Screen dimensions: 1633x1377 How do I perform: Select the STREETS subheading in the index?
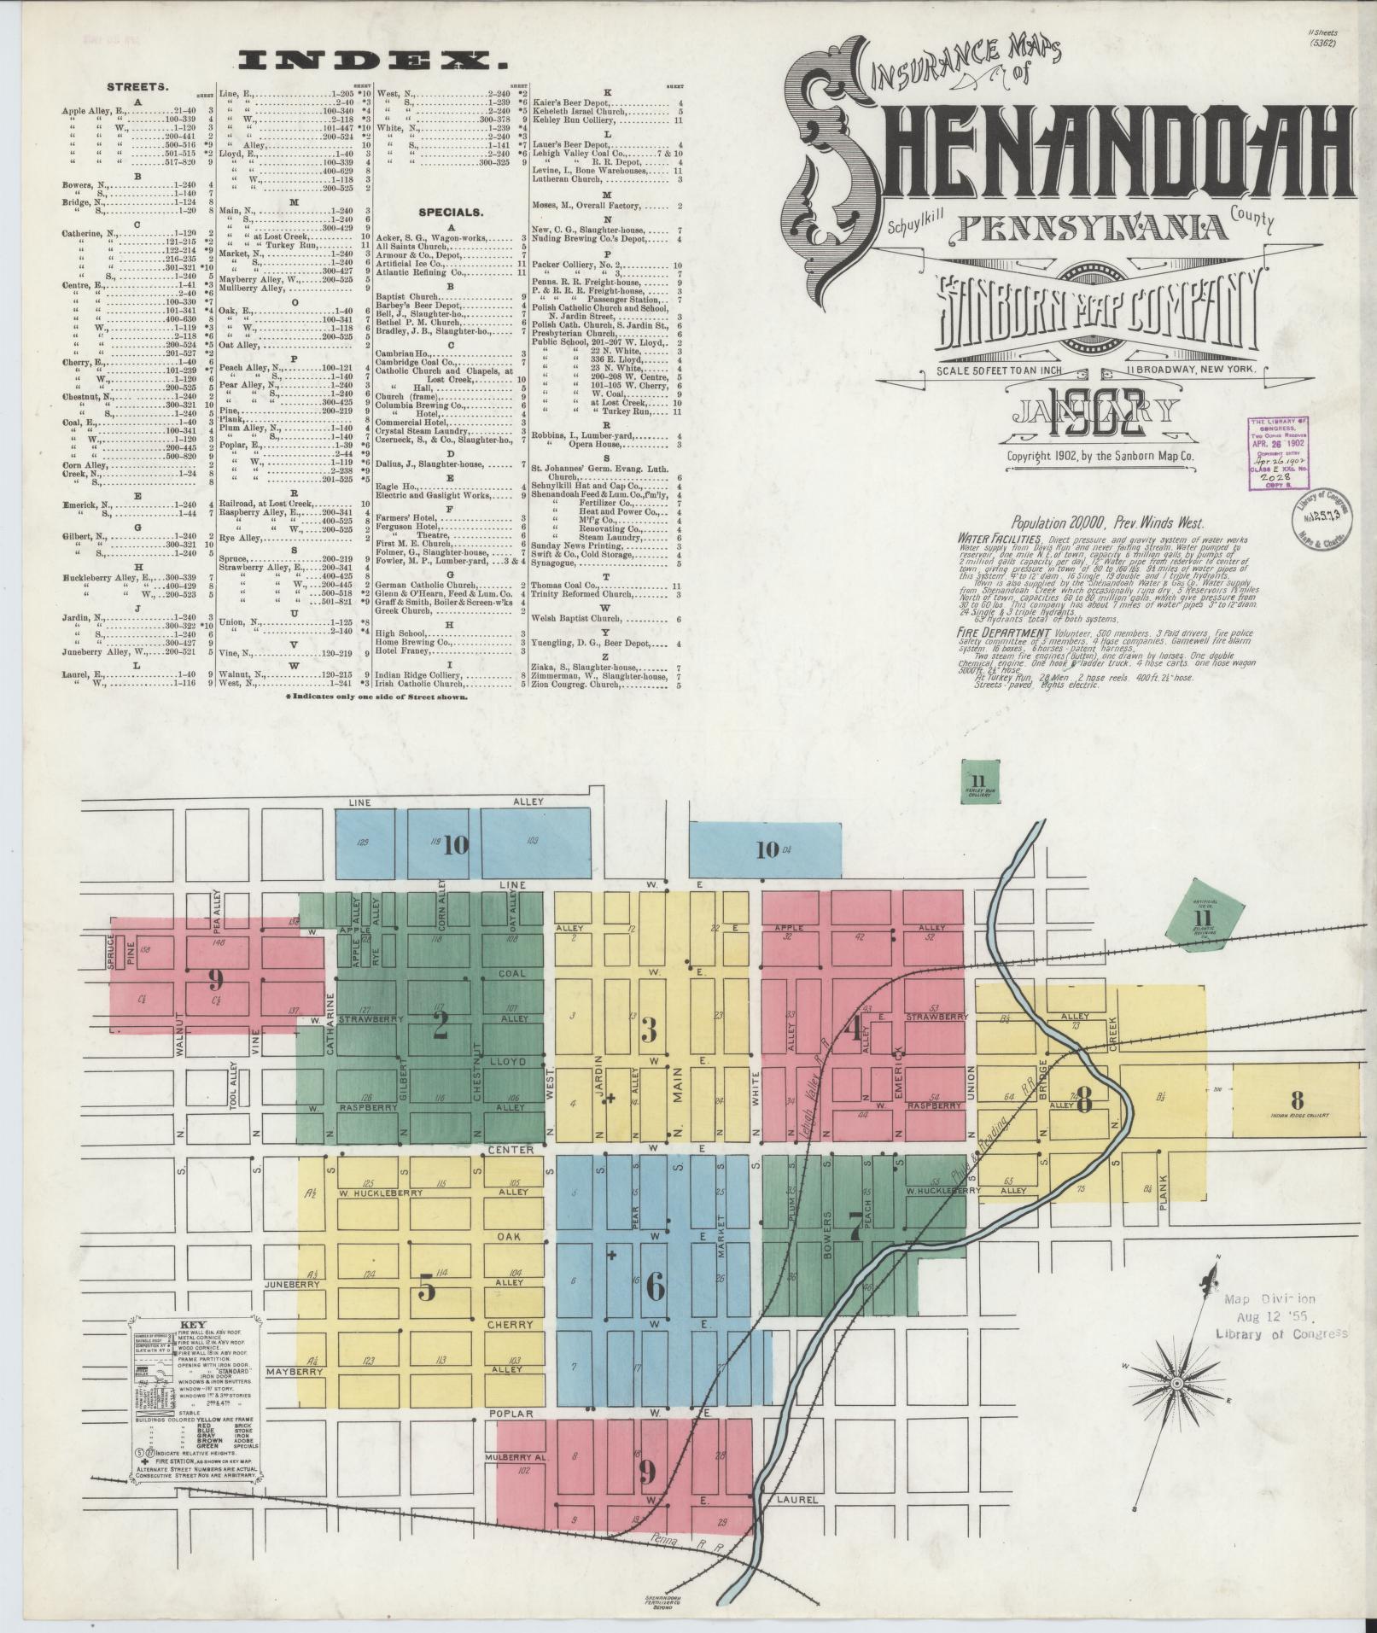tap(137, 87)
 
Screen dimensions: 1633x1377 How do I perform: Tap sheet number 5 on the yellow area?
tap(426, 1288)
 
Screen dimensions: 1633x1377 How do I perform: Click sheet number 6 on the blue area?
tap(654, 1286)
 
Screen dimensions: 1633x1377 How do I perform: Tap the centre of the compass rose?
tap(1177, 1384)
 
